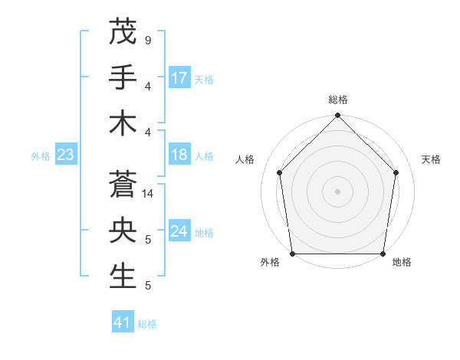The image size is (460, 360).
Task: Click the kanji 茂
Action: pyautogui.click(x=123, y=31)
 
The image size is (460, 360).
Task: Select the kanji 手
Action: pyautogui.click(x=123, y=77)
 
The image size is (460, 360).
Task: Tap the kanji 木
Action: pyautogui.click(x=123, y=123)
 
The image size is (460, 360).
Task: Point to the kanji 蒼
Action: pyautogui.click(x=123, y=185)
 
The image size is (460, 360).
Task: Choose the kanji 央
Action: pyautogui.click(x=123, y=231)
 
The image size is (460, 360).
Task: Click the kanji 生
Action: pyautogui.click(x=123, y=277)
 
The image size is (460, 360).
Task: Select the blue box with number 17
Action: pyautogui.click(x=179, y=78)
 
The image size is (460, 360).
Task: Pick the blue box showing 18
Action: pyautogui.click(x=179, y=155)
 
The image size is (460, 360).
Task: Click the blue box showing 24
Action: pyautogui.click(x=179, y=232)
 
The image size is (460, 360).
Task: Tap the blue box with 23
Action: pyautogui.click(x=66, y=155)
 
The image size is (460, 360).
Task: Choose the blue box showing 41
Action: pyautogui.click(x=123, y=322)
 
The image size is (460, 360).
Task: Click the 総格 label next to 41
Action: pyautogui.click(x=147, y=324)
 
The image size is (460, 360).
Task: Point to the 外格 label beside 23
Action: pyautogui.click(x=41, y=156)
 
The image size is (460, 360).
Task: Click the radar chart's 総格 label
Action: pyautogui.click(x=337, y=100)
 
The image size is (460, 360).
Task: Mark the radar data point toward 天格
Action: pyautogui.click(x=396, y=172)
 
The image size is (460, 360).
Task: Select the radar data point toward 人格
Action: pyautogui.click(x=279, y=172)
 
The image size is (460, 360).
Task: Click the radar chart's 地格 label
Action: pyautogui.click(x=402, y=262)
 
